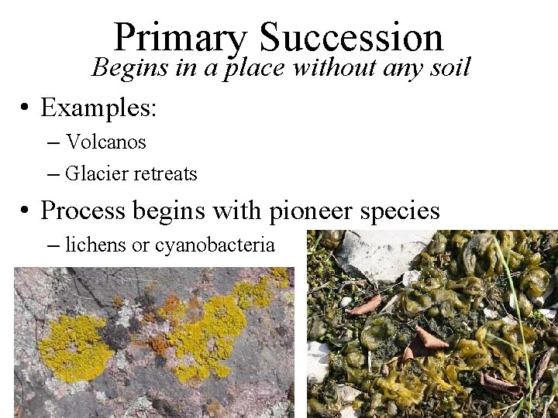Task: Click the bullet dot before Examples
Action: coord(26,108)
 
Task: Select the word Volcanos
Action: coord(106,142)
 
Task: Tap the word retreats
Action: coord(165,174)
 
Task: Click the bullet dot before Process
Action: coord(26,211)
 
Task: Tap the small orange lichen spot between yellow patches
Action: coord(160,342)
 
